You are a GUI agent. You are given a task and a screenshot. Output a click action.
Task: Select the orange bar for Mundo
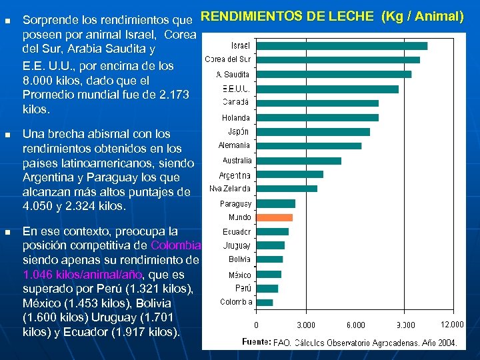point(274,217)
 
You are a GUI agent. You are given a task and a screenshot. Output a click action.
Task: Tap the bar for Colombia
point(264,302)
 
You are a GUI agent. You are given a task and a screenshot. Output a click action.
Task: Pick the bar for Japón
point(313,132)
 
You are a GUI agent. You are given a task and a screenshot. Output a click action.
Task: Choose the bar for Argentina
point(289,175)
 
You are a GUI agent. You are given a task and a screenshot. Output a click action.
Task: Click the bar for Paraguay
point(275,203)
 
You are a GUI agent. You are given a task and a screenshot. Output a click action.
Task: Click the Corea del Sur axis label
point(227,60)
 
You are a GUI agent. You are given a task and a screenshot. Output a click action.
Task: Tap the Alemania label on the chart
point(234,145)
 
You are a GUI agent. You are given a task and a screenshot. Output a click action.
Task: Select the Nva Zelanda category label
point(230,189)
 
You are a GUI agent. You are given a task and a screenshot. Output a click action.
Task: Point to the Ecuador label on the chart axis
point(237,232)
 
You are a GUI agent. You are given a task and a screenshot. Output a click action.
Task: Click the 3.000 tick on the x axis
point(306,325)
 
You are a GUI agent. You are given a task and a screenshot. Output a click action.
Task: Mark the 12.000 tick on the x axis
point(453,324)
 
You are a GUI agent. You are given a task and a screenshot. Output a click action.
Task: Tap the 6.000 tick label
point(355,325)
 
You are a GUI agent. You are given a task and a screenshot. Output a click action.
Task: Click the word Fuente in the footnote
point(256,342)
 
